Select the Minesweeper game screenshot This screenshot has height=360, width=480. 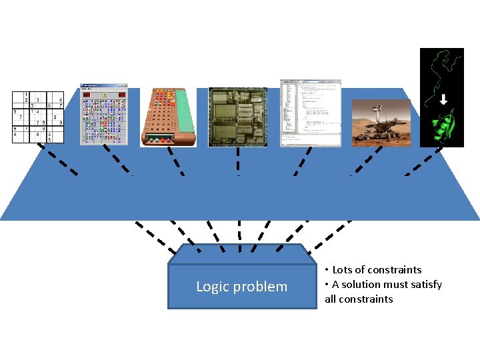click(x=103, y=114)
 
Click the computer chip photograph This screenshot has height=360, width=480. click(x=238, y=117)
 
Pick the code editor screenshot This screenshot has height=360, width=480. click(x=310, y=113)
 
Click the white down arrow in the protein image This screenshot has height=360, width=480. click(x=443, y=101)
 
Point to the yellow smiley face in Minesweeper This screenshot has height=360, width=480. click(x=103, y=95)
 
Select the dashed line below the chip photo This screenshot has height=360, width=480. click(x=238, y=160)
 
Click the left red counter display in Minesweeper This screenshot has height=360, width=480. click(x=87, y=95)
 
